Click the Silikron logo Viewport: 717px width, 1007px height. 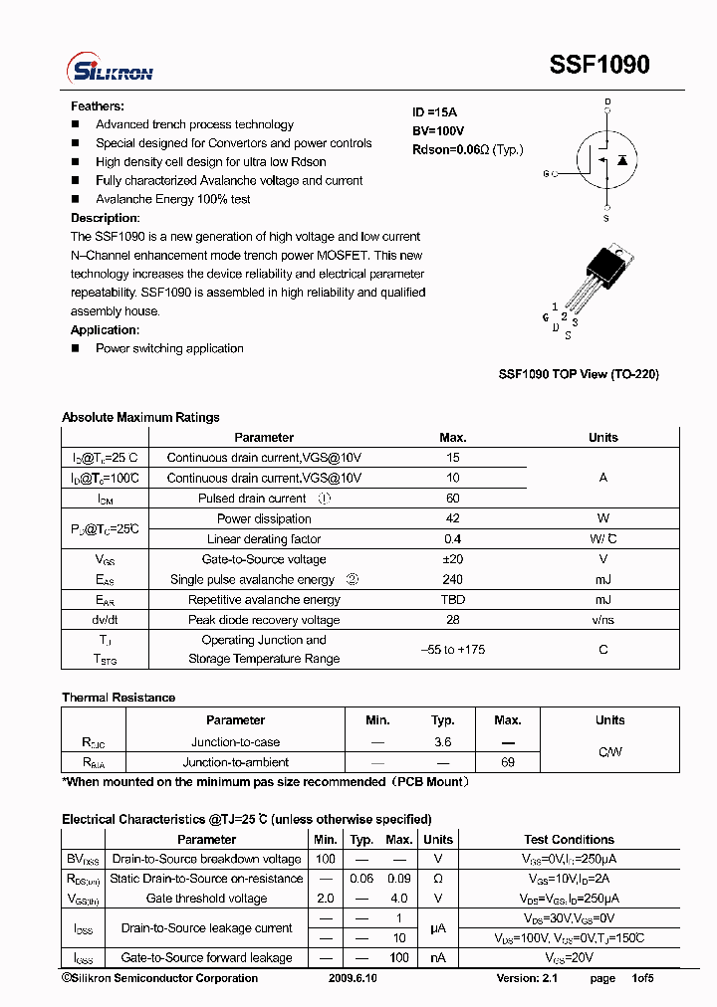pyautogui.click(x=110, y=68)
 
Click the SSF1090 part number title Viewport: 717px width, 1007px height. pyautogui.click(x=599, y=65)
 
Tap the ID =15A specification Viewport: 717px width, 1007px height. pyautogui.click(x=434, y=112)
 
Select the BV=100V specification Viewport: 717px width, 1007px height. pyautogui.click(x=438, y=131)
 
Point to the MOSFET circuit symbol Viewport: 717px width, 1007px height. pyautogui.click(x=605, y=159)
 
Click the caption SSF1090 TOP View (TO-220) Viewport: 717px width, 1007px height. pyautogui.click(x=579, y=374)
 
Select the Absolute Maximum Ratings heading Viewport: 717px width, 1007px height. pyautogui.click(x=140, y=417)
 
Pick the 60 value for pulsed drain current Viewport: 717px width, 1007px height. pyautogui.click(x=453, y=499)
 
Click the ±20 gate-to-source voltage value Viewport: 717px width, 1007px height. pyautogui.click(x=453, y=559)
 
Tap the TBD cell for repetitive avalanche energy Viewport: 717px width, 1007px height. pyautogui.click(x=453, y=600)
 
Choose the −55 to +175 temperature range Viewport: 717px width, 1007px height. pyautogui.click(x=453, y=649)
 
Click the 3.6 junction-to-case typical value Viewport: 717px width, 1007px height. pyautogui.click(x=443, y=741)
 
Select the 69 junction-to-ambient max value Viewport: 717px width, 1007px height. pyautogui.click(x=508, y=761)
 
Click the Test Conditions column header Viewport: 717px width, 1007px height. pyautogui.click(x=570, y=839)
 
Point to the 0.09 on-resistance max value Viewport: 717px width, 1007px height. pyautogui.click(x=399, y=879)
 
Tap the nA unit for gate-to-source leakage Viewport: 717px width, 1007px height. pyautogui.click(x=438, y=957)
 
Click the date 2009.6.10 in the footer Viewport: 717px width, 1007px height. pyautogui.click(x=353, y=978)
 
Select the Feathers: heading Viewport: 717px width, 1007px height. pyautogui.click(x=98, y=105)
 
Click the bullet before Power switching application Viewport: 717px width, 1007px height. pyautogui.click(x=75, y=348)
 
